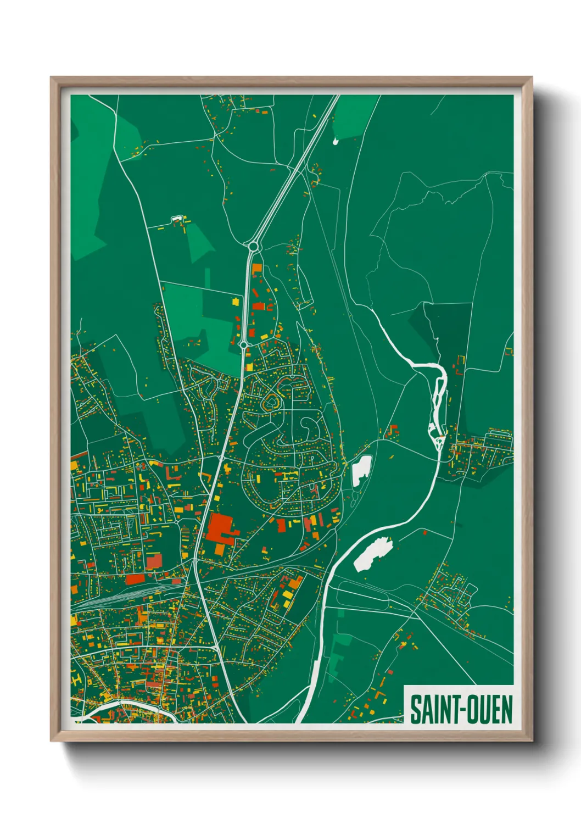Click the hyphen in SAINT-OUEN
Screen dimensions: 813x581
point(459,710)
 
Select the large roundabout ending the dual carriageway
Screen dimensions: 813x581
point(253,247)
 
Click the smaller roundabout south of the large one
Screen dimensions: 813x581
point(243,345)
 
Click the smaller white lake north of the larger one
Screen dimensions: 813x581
point(361,470)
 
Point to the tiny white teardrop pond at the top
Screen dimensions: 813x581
point(336,142)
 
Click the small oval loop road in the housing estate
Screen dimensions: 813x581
point(270,405)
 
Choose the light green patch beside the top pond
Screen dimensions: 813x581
point(354,115)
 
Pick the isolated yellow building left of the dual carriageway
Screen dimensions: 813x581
point(236,301)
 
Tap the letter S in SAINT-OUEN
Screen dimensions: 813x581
point(415,709)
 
